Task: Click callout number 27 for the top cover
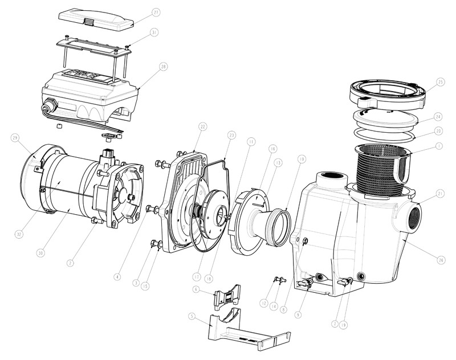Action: (x=155, y=11)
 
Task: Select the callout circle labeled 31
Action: (x=155, y=33)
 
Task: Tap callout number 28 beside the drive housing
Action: (x=164, y=67)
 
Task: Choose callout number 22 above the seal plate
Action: (x=202, y=125)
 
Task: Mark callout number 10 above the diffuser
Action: (x=302, y=159)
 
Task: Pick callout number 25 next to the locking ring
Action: (x=439, y=83)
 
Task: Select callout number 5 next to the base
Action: (x=192, y=317)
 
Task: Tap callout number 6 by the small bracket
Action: (x=195, y=290)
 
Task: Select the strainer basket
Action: (x=376, y=165)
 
